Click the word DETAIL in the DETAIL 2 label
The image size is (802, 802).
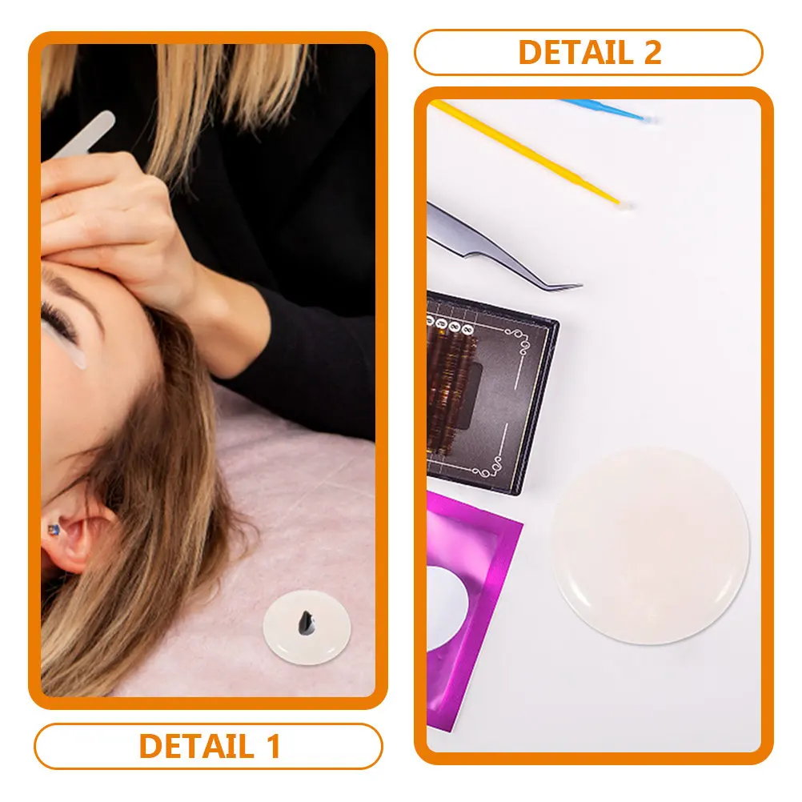coord(575,52)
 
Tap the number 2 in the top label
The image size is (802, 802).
coord(652,52)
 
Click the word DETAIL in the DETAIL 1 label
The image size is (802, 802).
coord(196,746)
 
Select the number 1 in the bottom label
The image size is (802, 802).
coord(275,746)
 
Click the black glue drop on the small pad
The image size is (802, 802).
coord(306,623)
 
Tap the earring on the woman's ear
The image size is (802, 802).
coord(53,530)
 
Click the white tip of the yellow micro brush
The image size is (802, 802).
coord(626,204)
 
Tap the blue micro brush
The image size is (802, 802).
coord(608,111)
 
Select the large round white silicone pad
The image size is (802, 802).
coord(651,545)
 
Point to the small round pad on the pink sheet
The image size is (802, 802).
coord(307,627)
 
